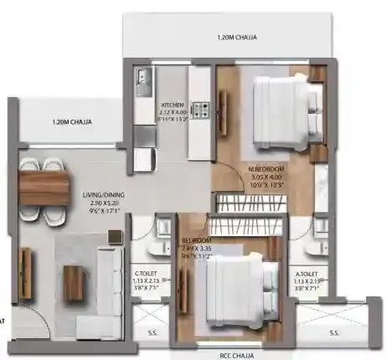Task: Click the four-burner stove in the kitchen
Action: pos(200,109)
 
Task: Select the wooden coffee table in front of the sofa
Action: pos(74,281)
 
